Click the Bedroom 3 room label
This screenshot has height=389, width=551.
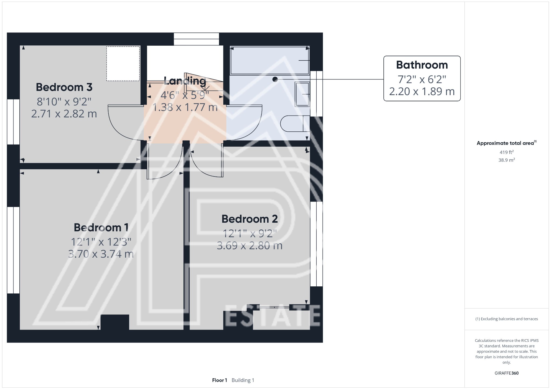[x=64, y=87]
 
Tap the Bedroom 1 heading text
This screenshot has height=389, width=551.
[x=101, y=228]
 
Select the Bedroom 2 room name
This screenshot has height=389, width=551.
[x=249, y=219]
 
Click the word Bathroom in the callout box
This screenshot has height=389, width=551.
[x=422, y=65]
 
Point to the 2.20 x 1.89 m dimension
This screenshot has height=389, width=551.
[x=422, y=92]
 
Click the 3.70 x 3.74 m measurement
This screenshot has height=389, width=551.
[x=101, y=254]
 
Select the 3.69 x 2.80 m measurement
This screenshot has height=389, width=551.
[x=249, y=246]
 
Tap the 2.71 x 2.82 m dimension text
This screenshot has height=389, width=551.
[x=64, y=114]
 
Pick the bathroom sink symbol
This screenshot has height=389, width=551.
[x=302, y=94]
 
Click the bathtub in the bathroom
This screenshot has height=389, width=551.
[x=269, y=60]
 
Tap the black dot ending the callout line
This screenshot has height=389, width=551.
[x=275, y=79]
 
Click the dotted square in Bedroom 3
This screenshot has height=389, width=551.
[x=123, y=64]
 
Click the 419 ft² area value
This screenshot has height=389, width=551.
[x=506, y=152]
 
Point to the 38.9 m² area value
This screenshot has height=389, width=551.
[x=506, y=160]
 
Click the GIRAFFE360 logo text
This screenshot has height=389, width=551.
[x=506, y=373]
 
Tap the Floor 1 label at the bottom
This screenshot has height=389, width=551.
[x=220, y=380]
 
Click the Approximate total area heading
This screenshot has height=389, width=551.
[x=505, y=143]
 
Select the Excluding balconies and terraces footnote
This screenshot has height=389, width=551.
[x=506, y=319]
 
